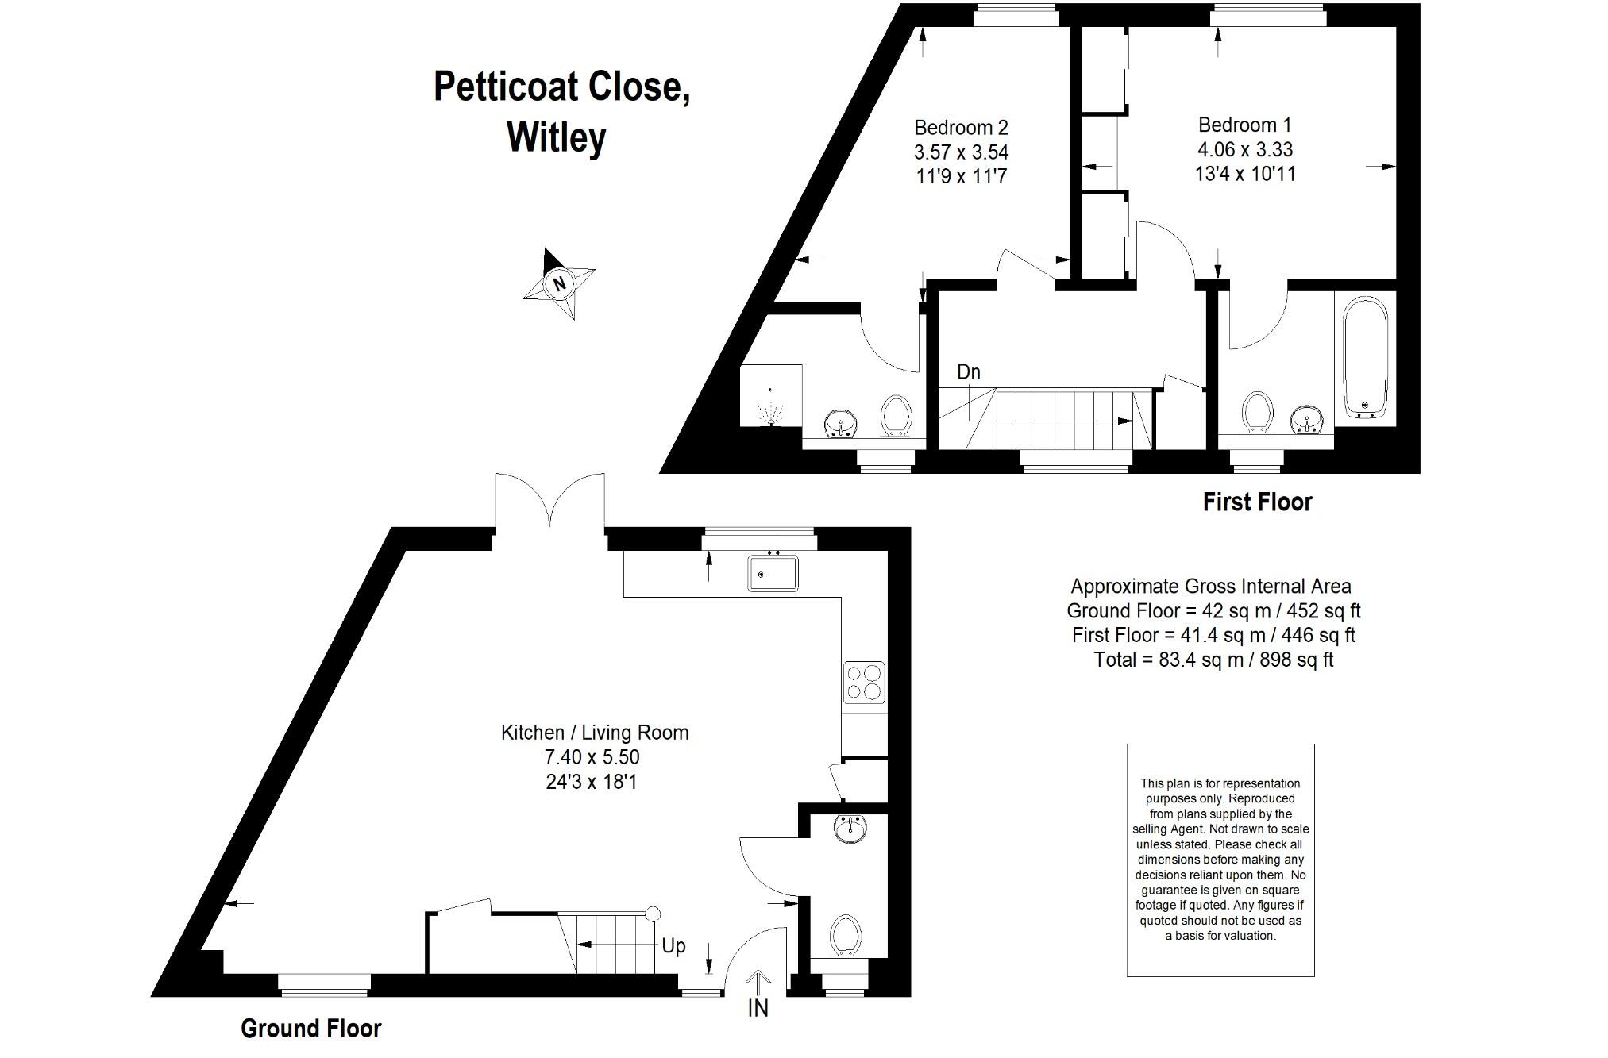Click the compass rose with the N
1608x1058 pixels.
[x=560, y=283]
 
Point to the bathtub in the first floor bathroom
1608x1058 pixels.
[x=1365, y=357]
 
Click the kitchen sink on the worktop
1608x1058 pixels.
[x=773, y=573]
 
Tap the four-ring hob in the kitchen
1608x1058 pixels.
[x=864, y=682]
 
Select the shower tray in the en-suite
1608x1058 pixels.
[x=771, y=395]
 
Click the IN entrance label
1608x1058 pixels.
[x=758, y=1008]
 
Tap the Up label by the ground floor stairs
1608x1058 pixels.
[x=673, y=945]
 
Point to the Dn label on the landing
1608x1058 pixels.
[x=968, y=371]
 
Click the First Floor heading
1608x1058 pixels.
[x=1257, y=502]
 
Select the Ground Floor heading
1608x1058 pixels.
[x=310, y=1029]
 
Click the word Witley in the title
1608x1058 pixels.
[x=556, y=137]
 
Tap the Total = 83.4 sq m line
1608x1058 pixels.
[x=1213, y=660]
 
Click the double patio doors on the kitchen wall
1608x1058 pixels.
[x=549, y=502]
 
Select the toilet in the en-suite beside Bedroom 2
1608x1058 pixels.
[x=896, y=415]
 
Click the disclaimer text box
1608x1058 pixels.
[x=1220, y=860]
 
